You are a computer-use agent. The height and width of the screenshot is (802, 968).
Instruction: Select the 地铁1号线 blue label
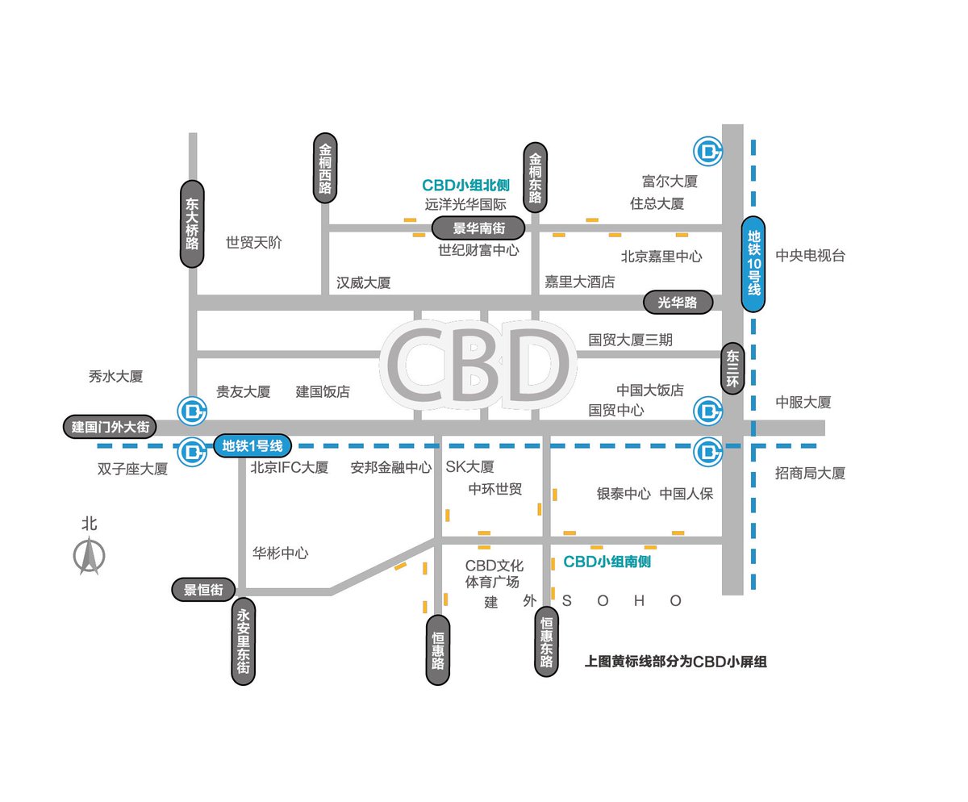(x=252, y=445)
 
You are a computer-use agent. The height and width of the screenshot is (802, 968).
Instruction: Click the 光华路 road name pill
(x=678, y=303)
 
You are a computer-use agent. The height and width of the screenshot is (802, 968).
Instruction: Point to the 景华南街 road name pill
(x=478, y=228)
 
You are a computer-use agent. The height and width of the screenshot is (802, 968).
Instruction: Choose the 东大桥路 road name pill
(x=192, y=224)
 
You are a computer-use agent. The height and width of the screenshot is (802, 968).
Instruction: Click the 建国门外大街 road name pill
(x=110, y=427)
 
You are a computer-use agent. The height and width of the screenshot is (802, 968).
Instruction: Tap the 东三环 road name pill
(x=732, y=370)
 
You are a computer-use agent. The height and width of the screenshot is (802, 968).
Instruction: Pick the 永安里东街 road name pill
(x=244, y=641)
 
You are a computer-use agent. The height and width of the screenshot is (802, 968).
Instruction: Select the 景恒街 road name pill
(x=203, y=590)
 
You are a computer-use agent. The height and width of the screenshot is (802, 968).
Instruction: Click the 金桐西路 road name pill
(x=325, y=169)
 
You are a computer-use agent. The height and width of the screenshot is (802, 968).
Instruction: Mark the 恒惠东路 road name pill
(x=546, y=641)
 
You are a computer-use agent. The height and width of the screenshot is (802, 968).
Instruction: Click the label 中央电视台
(x=810, y=256)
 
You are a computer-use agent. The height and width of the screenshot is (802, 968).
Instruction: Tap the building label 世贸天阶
(x=254, y=243)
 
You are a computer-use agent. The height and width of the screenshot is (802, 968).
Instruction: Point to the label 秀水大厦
(x=115, y=377)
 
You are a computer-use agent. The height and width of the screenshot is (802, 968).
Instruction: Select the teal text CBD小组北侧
(x=465, y=186)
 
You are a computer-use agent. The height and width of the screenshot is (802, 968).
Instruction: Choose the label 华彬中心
(x=280, y=553)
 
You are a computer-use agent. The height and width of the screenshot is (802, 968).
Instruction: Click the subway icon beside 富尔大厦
(x=708, y=150)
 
